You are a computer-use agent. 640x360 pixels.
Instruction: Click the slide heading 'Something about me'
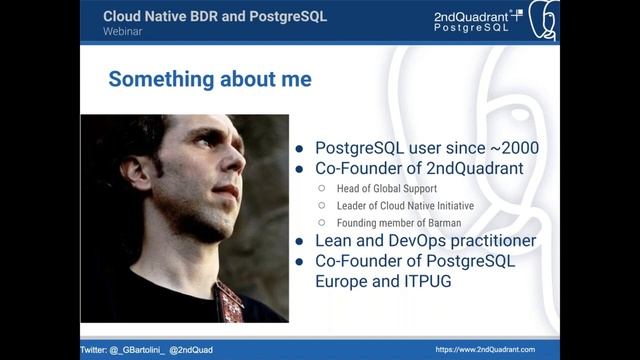[x=209, y=79]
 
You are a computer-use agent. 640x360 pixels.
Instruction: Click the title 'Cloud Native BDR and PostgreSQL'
[x=214, y=16]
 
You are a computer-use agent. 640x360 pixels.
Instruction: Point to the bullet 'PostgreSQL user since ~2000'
[x=426, y=148]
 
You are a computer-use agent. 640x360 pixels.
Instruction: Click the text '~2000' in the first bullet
[x=514, y=148]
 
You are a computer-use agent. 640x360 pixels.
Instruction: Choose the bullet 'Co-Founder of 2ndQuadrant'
[x=419, y=169]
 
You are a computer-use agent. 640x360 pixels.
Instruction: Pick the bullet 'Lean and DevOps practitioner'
[x=425, y=241]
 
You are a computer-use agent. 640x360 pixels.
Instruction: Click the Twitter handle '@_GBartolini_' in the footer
[x=136, y=350]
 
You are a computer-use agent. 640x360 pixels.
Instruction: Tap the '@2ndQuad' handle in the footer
[x=189, y=350]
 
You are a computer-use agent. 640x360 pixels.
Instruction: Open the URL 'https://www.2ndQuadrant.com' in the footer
[x=485, y=350]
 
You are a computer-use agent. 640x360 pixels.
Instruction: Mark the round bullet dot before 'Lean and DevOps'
[x=300, y=241]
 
